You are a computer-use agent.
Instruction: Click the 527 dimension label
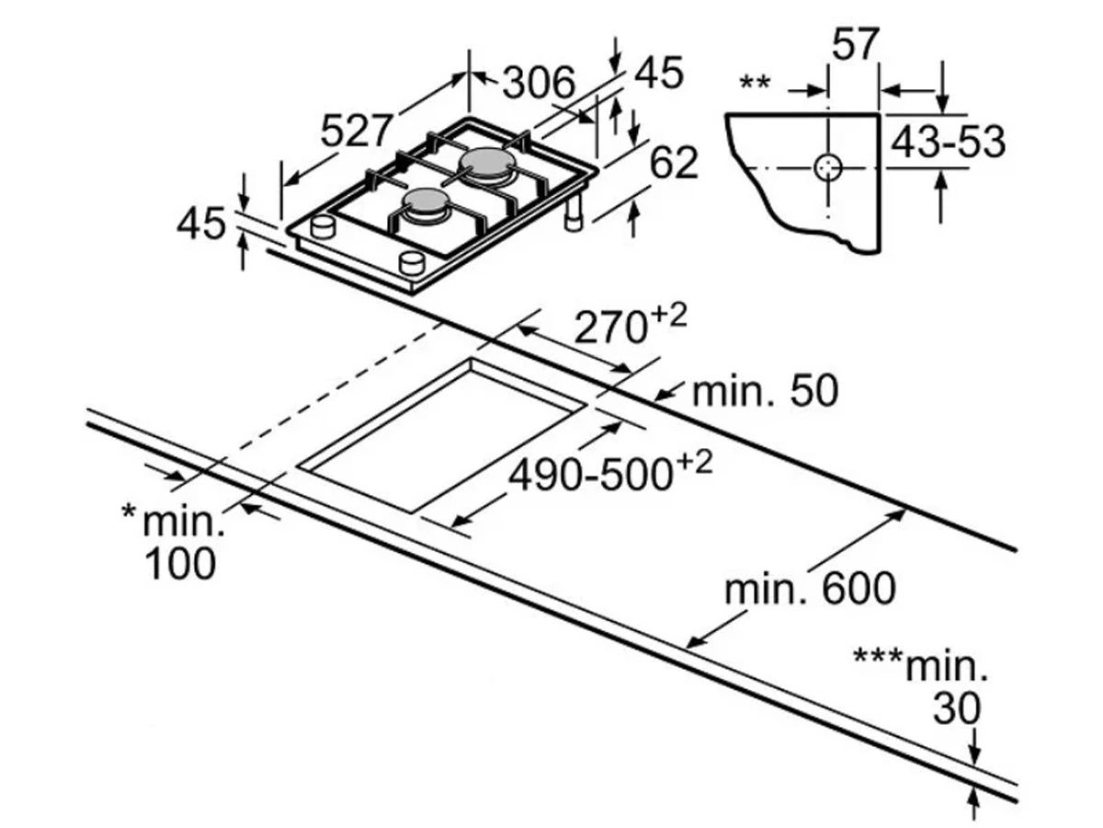[x=357, y=131]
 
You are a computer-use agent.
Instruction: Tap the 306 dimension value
[x=540, y=83]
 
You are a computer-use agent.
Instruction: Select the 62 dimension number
[x=674, y=163]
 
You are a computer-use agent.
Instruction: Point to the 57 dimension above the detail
[x=856, y=44]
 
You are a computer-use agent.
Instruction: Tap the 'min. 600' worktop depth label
[x=809, y=589]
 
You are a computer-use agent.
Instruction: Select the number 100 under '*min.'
[x=180, y=562]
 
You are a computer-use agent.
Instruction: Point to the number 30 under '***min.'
[x=957, y=708]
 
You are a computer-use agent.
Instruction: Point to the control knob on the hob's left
[x=324, y=226]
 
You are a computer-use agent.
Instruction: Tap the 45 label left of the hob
[x=201, y=224]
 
